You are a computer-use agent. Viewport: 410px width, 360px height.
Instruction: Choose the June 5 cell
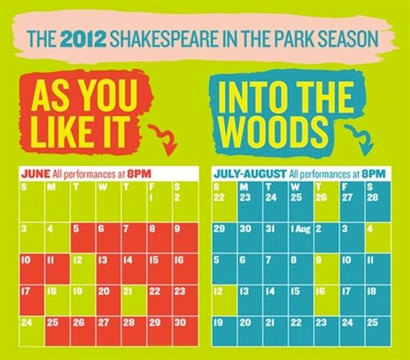[83, 237]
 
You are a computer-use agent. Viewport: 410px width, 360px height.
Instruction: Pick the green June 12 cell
[83, 268]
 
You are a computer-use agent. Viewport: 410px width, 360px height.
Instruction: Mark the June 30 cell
[185, 330]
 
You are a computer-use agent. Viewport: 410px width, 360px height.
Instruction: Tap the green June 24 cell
[32, 330]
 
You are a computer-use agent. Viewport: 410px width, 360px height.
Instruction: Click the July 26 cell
[326, 206]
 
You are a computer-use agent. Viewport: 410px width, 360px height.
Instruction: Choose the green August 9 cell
[326, 268]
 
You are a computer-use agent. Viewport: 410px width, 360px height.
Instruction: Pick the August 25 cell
[378, 330]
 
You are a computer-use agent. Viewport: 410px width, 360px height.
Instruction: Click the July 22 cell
[224, 206]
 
